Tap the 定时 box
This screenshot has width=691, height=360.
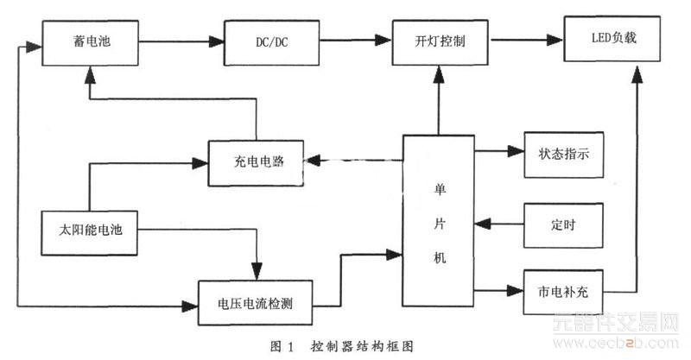(x=563, y=224)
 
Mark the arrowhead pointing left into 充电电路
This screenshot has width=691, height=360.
(x=316, y=160)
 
